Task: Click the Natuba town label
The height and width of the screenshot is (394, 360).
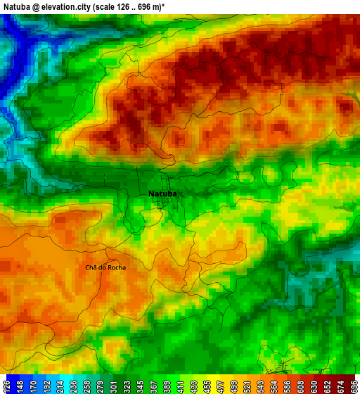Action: (x=162, y=193)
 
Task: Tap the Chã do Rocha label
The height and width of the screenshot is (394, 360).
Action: (x=105, y=267)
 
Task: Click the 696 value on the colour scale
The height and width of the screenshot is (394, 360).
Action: (x=352, y=386)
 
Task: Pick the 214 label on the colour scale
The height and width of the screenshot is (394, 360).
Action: (x=68, y=386)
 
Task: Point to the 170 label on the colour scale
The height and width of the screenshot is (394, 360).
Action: (x=37, y=386)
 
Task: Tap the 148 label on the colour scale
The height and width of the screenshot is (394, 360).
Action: (x=22, y=386)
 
